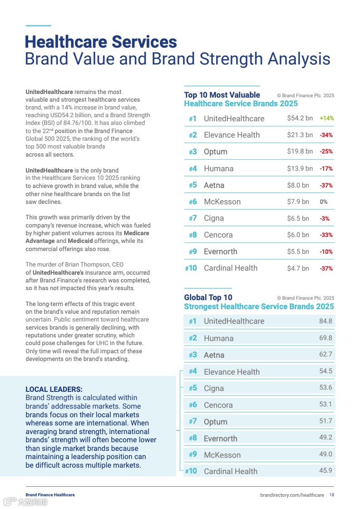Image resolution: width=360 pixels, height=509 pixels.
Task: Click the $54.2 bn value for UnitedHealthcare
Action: [x=300, y=118]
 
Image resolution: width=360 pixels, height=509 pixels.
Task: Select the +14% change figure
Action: [x=326, y=118]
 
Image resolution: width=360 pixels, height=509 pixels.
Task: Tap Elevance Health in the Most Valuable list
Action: [x=232, y=135]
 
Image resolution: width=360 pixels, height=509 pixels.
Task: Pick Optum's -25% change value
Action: [x=326, y=152]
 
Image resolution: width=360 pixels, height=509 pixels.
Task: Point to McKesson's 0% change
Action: [x=324, y=202]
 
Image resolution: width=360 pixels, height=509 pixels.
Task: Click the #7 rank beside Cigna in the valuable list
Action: [x=192, y=218]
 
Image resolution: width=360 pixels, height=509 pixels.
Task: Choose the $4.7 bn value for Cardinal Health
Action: [x=298, y=268]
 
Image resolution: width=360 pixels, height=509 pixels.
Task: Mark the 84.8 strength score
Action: [x=325, y=321]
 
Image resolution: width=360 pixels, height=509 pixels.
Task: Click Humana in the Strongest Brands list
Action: [x=218, y=338]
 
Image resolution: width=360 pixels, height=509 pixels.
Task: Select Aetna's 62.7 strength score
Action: [x=325, y=354]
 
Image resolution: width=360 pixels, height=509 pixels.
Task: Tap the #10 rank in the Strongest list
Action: [x=191, y=471]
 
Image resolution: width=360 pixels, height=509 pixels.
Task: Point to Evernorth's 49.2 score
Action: [x=325, y=438]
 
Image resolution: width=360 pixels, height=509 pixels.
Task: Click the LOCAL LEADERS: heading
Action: [x=54, y=389]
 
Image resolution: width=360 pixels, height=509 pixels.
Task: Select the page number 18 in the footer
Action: [x=332, y=494]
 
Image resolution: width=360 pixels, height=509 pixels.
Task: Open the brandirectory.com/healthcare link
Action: [x=292, y=494]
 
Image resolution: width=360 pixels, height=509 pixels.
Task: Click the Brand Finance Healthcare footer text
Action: [x=50, y=494]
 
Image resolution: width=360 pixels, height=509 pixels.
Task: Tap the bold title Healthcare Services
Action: [x=101, y=42]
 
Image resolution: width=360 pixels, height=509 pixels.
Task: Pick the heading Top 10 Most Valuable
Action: [x=222, y=95]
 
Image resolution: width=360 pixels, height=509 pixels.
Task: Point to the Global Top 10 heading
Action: [x=208, y=297]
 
